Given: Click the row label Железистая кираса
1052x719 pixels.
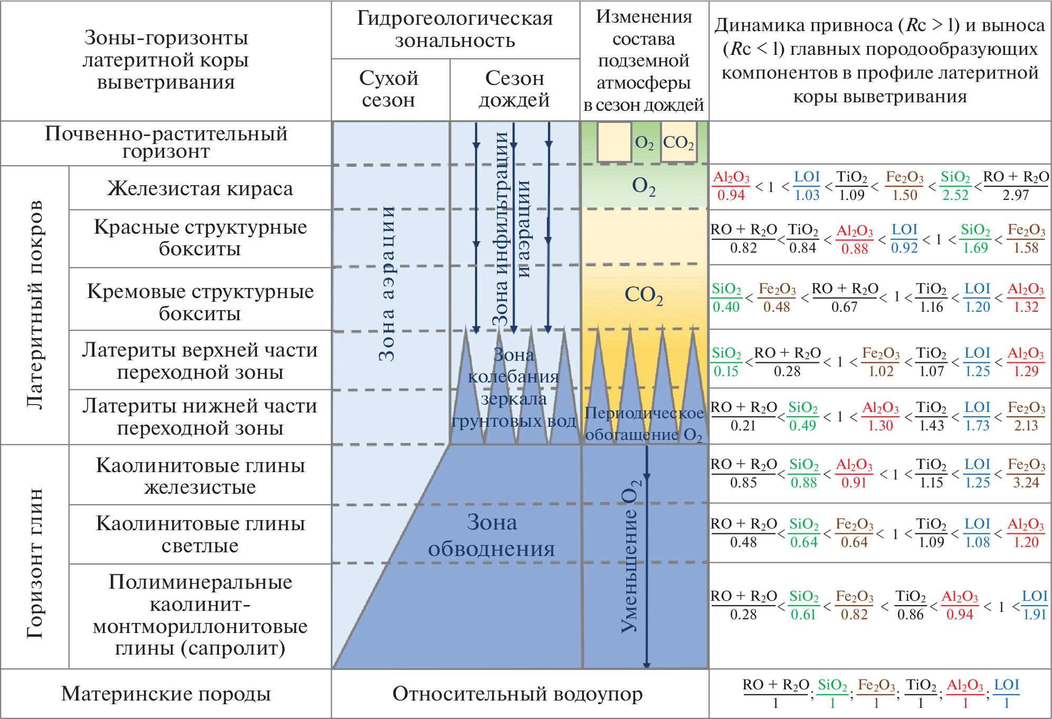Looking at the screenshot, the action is pyautogui.click(x=200, y=188).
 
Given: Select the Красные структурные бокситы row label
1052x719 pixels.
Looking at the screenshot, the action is pyautogui.click(x=200, y=237).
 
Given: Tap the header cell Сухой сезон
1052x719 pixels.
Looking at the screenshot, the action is pyautogui.click(x=389, y=89).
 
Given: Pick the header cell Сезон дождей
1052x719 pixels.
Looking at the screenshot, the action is pyautogui.click(x=514, y=89).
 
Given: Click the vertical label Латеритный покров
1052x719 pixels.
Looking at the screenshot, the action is pyautogui.click(x=35, y=304).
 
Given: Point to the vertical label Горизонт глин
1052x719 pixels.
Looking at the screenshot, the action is pyautogui.click(x=35, y=563).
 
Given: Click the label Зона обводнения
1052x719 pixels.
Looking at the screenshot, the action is pyautogui.click(x=492, y=535).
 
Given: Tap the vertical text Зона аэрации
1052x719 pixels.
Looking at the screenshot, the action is pyautogui.click(x=387, y=283).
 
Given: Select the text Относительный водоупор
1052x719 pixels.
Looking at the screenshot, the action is pyautogui.click(x=518, y=694).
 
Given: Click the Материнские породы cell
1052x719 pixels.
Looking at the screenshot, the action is pyautogui.click(x=166, y=694).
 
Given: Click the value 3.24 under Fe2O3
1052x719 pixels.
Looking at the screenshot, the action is pyautogui.click(x=1026, y=482).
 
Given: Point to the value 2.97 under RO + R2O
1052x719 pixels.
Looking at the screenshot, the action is pyautogui.click(x=1016, y=195).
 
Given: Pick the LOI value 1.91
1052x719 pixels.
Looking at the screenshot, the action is pyautogui.click(x=1035, y=614).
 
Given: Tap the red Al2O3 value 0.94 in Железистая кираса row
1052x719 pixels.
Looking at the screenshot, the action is pyautogui.click(x=731, y=195).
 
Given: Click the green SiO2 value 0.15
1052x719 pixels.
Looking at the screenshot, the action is pyautogui.click(x=726, y=371).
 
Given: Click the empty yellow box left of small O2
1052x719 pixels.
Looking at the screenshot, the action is pyautogui.click(x=614, y=141).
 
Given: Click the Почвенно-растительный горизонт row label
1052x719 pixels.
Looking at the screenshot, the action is pyautogui.click(x=166, y=142).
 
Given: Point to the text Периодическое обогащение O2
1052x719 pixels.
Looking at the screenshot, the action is pyautogui.click(x=644, y=424).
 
